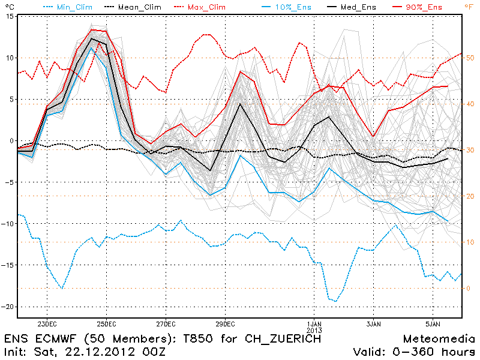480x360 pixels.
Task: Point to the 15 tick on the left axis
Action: click(x=8, y=16)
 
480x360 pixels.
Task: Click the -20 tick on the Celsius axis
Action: click(x=7, y=307)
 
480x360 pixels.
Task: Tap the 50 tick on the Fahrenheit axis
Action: click(x=471, y=58)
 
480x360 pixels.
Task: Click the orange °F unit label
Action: click(x=469, y=6)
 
